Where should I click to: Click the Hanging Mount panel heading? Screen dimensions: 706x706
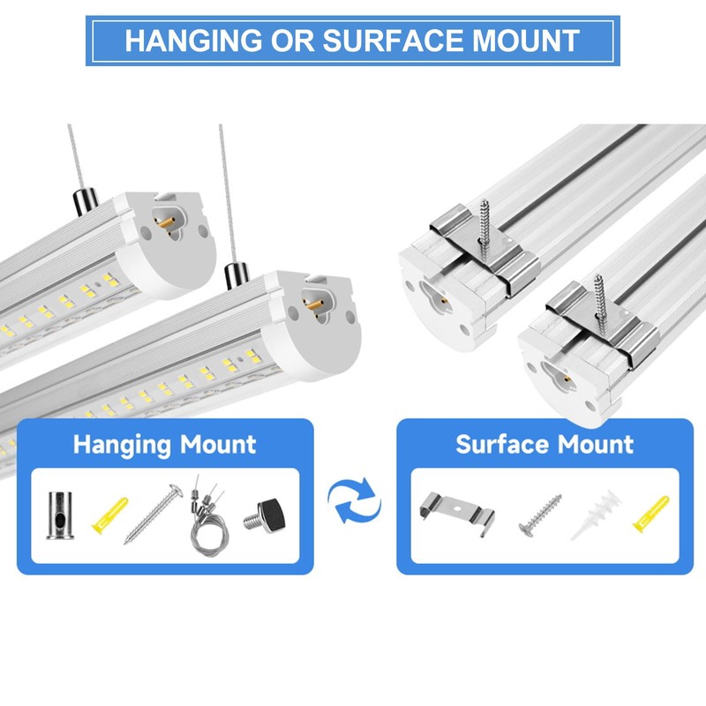click(164, 444)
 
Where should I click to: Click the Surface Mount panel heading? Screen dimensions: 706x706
click(545, 444)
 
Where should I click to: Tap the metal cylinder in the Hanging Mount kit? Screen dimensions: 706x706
click(60, 514)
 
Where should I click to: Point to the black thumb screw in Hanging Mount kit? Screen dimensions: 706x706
click(270, 514)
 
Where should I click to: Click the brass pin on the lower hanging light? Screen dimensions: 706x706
click(311, 301)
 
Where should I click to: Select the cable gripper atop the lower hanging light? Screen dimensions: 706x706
click(235, 274)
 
